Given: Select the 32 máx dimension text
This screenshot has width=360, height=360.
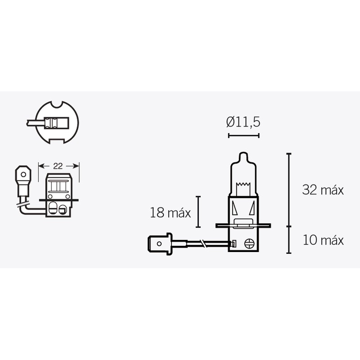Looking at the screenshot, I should (x=323, y=190).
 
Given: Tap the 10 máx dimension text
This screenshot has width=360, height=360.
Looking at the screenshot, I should (x=323, y=240).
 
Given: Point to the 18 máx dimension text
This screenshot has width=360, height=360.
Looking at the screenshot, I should (x=171, y=213).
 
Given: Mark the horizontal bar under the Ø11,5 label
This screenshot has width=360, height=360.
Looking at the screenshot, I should (x=244, y=135).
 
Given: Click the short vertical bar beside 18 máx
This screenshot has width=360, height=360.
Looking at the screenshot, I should (x=198, y=212).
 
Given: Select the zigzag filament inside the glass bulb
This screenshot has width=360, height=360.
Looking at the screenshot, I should (x=243, y=184).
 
